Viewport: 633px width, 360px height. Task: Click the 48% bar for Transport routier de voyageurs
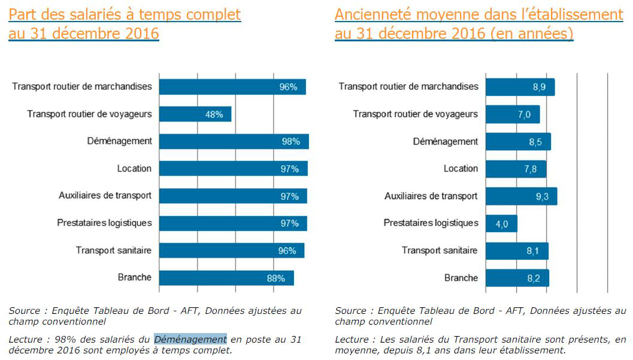[x=195, y=114]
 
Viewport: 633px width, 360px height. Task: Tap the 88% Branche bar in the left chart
[x=226, y=278]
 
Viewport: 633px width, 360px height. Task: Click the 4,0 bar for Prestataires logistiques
[x=501, y=223]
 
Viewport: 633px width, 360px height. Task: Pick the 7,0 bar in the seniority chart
[x=513, y=114]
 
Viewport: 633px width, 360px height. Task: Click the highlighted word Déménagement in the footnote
[x=190, y=339]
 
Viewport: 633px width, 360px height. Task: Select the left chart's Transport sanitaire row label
[x=113, y=250]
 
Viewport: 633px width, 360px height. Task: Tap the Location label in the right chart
[x=461, y=168]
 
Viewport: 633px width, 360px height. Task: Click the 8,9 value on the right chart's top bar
[x=539, y=87]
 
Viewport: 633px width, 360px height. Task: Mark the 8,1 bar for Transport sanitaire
[x=517, y=251]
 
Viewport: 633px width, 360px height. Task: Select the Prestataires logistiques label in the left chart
[x=104, y=223]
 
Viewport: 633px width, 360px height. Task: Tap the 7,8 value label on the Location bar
[x=530, y=169]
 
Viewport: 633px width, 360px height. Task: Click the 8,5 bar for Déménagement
[x=518, y=142]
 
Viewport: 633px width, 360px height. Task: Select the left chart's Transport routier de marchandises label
[x=82, y=86]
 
